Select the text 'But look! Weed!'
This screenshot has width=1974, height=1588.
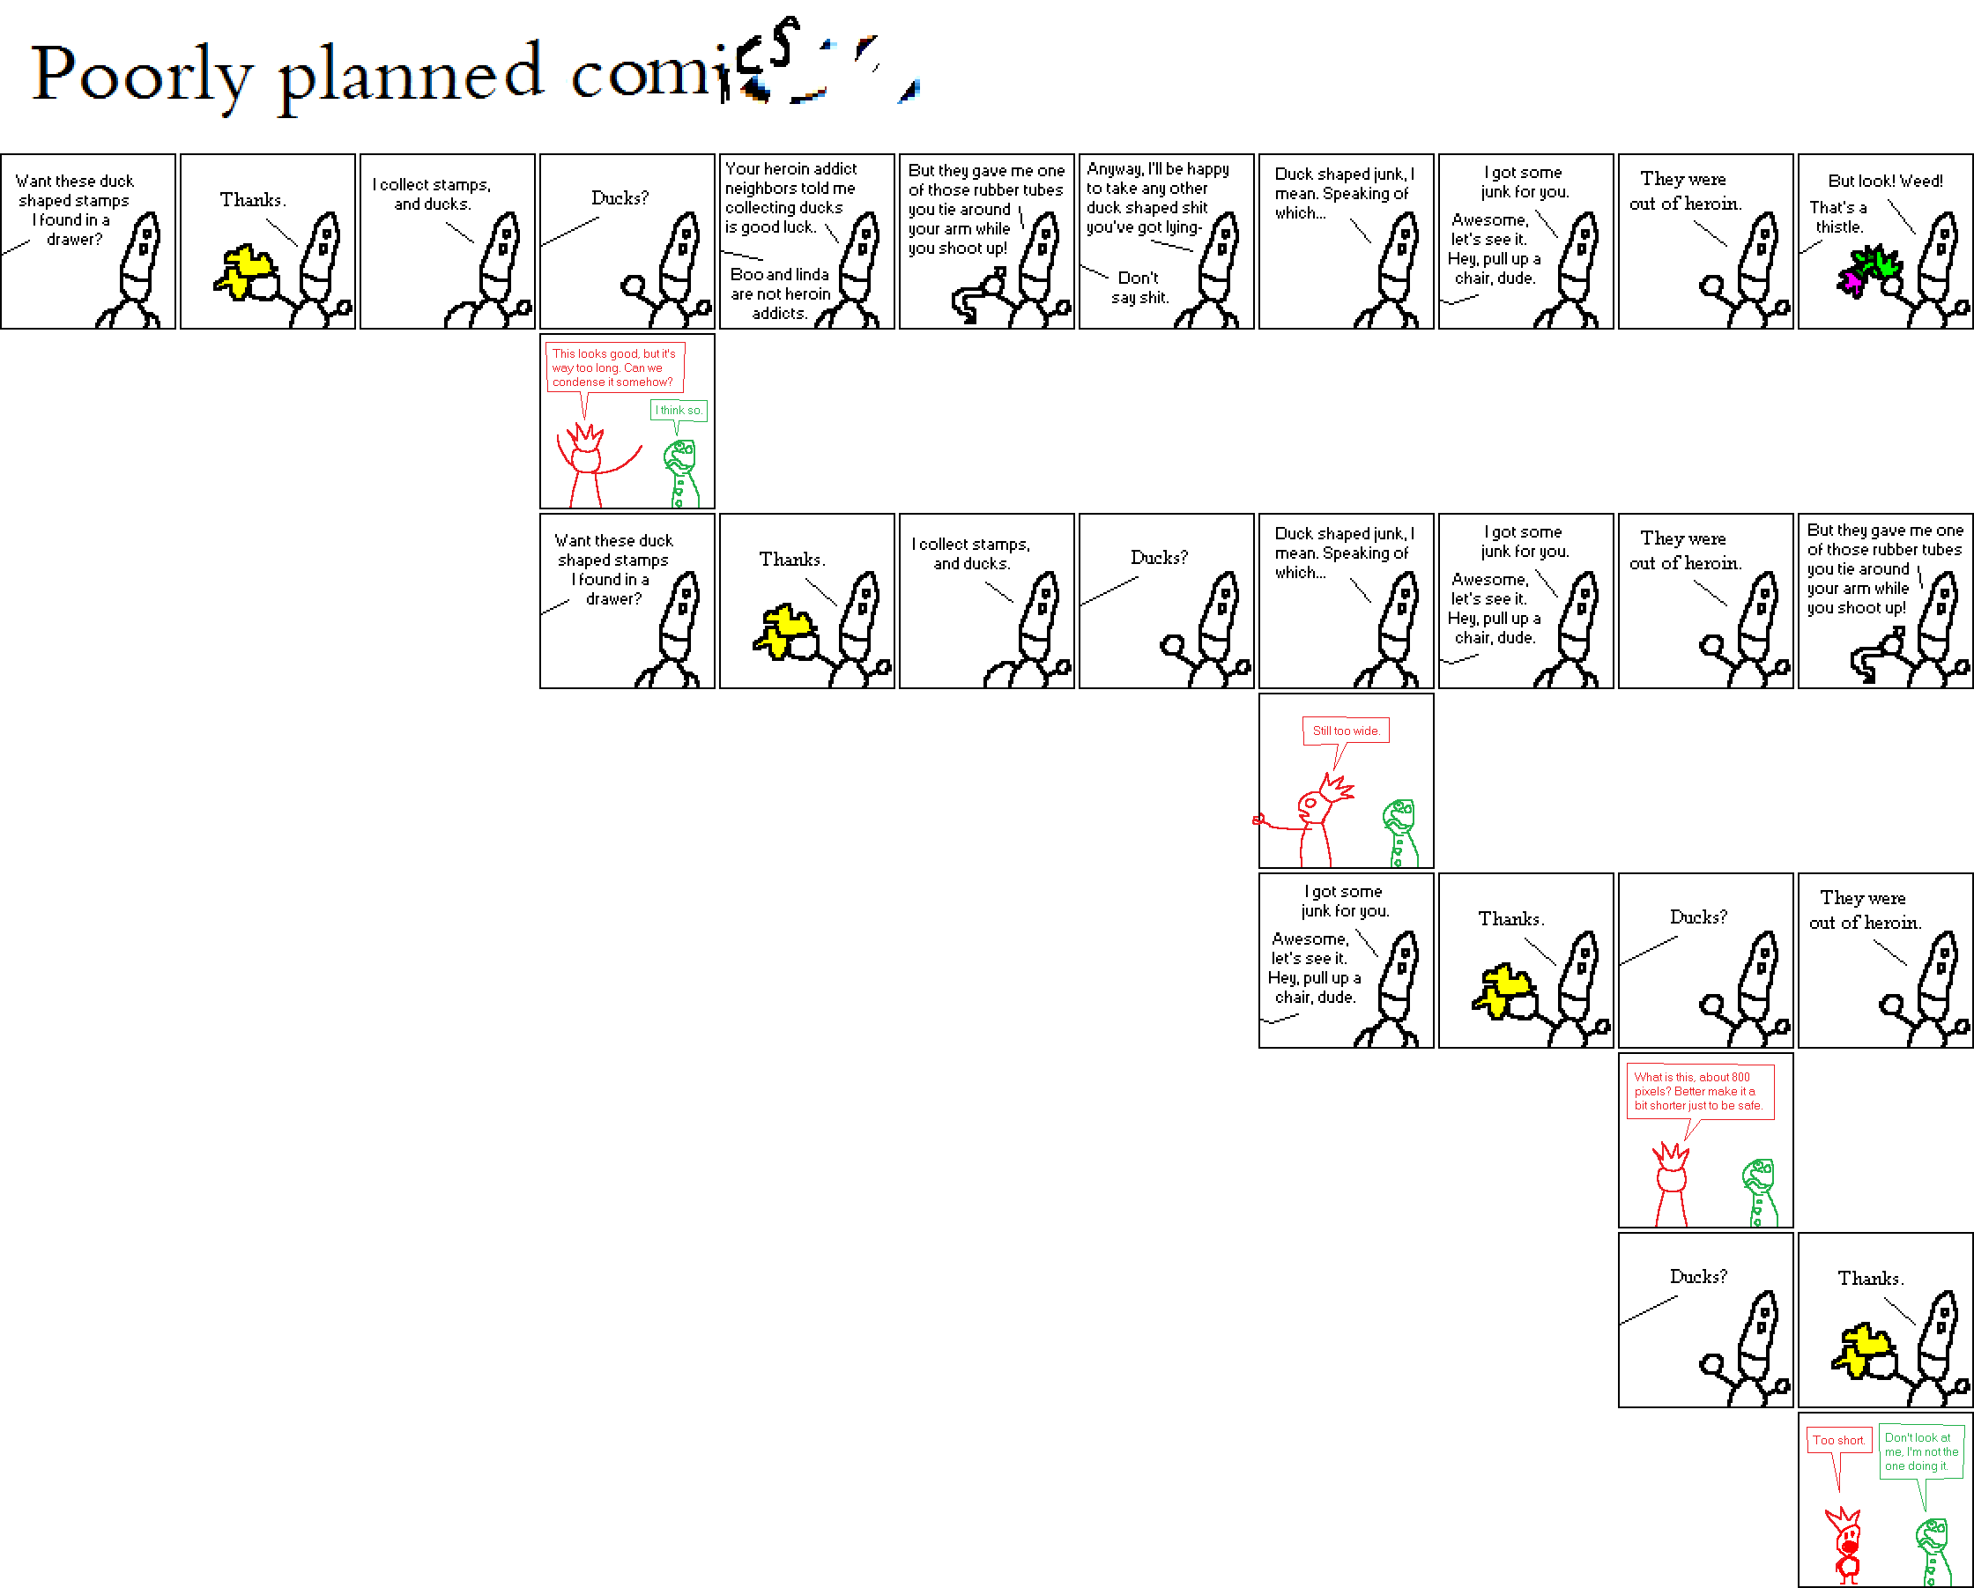point(1885,182)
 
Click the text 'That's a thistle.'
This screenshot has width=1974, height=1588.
point(1838,217)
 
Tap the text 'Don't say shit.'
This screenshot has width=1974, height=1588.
point(1139,287)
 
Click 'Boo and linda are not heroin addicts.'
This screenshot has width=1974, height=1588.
point(780,293)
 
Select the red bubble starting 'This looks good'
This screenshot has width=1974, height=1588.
point(613,367)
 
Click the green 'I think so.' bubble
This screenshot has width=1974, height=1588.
point(679,411)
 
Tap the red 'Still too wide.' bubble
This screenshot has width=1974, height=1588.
point(1345,731)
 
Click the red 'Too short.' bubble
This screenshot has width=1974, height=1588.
point(1838,1441)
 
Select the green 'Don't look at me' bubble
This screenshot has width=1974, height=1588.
point(1921,1451)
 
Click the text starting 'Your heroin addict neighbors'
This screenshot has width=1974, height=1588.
point(790,197)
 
